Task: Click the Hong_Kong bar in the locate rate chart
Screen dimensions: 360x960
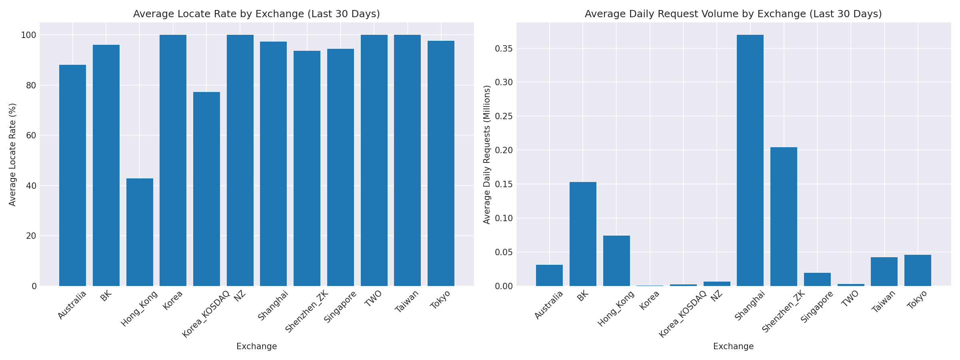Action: pos(140,232)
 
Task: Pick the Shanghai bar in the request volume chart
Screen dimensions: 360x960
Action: pos(750,160)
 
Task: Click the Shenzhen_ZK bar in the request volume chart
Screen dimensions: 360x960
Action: pos(784,216)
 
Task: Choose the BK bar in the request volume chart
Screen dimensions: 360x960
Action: pos(583,234)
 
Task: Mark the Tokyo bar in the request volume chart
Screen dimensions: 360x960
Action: pos(918,270)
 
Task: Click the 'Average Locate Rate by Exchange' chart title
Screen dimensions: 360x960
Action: pos(256,14)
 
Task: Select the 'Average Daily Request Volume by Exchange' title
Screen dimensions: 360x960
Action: pos(733,14)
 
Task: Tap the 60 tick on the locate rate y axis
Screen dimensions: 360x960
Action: pos(31,136)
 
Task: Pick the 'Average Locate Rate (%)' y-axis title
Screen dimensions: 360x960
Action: pos(12,154)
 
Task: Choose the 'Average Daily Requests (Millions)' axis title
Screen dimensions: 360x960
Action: pos(487,154)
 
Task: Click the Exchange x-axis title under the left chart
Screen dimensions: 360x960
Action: pos(256,346)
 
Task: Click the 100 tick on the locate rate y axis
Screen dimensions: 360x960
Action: pos(29,35)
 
